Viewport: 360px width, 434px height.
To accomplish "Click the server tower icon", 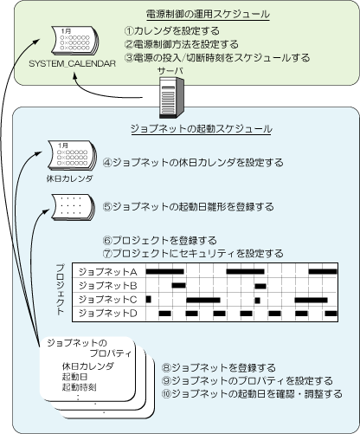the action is [x=171, y=98].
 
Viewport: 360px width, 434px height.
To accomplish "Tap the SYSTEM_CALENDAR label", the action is [x=72, y=63].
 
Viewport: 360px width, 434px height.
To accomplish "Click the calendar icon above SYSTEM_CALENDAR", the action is [x=74, y=41].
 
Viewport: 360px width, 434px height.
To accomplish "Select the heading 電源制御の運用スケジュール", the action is [x=208, y=14].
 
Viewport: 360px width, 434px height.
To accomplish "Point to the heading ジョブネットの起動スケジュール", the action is [x=202, y=128].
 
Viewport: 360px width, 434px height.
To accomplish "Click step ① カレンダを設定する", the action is [x=172, y=30].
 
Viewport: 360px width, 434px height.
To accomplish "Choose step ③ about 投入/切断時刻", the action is [x=217, y=57].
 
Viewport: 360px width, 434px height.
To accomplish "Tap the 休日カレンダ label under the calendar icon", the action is [x=69, y=178].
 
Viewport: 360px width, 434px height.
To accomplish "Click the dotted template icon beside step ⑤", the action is [x=74, y=207].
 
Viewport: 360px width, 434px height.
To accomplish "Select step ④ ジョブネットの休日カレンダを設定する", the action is [x=193, y=162].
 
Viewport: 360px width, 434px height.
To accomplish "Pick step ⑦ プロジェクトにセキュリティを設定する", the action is [x=193, y=253].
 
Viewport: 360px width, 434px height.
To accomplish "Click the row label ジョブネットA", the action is [x=107, y=271].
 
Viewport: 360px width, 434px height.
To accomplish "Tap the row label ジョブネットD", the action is [x=107, y=313].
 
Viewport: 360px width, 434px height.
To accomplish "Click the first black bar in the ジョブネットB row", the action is [x=179, y=286].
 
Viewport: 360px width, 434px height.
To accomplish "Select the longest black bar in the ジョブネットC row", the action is [x=203, y=300].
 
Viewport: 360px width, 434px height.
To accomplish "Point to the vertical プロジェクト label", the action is [x=60, y=289].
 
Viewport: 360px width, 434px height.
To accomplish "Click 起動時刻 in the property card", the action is [x=79, y=387].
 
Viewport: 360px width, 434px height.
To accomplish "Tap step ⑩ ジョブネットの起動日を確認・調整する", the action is [x=252, y=393].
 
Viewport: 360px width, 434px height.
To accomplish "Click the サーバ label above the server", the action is [x=170, y=71].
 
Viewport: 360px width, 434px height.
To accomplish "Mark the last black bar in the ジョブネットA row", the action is [x=323, y=271].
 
